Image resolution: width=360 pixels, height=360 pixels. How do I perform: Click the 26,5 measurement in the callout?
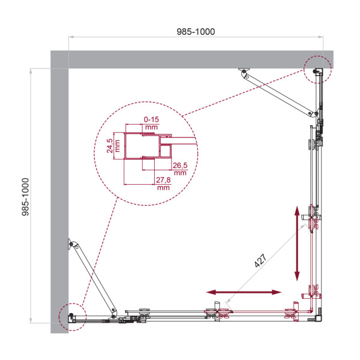click(x=179, y=166)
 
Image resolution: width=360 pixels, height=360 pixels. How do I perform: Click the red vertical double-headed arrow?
click(x=297, y=243)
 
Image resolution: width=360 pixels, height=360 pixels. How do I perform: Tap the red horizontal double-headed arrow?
click(x=244, y=292)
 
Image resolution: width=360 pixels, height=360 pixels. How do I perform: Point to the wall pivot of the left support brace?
click(x=74, y=244)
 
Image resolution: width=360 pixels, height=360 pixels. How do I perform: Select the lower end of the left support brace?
click(x=114, y=311)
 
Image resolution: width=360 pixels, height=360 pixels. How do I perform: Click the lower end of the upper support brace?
click(x=313, y=114)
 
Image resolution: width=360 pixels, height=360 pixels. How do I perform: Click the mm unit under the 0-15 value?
click(x=151, y=127)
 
